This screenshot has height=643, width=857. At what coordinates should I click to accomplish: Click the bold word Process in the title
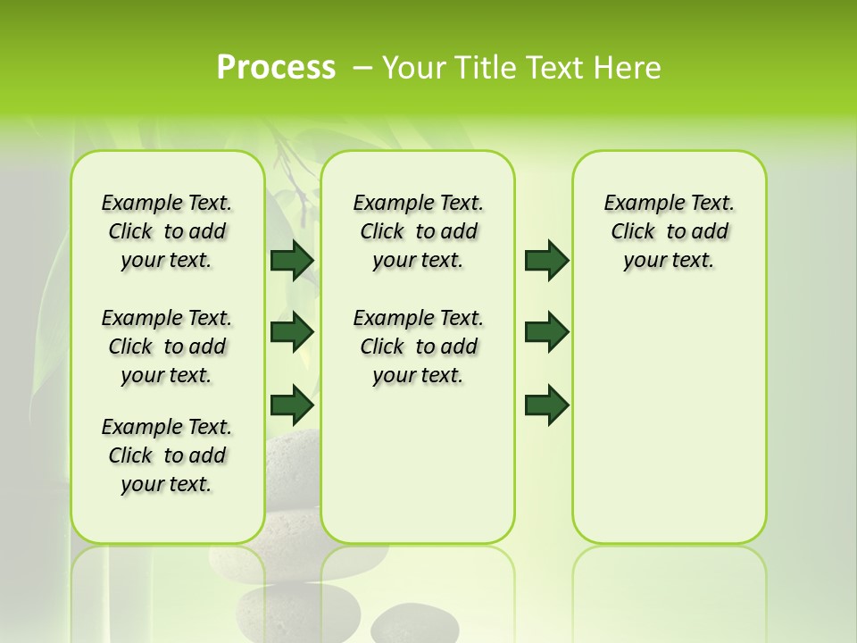tap(276, 68)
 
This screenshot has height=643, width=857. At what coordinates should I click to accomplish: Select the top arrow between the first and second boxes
tap(292, 260)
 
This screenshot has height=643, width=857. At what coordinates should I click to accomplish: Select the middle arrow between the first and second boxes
tap(292, 332)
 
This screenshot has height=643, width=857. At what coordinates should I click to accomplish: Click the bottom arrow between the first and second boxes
tap(292, 405)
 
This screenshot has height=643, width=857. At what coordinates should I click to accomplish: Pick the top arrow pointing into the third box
tap(546, 260)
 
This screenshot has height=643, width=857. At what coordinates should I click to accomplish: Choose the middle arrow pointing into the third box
tap(546, 332)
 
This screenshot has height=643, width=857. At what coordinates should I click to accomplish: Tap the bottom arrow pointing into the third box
tap(546, 405)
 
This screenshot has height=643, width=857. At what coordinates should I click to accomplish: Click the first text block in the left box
tap(167, 231)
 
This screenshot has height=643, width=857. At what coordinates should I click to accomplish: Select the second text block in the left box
tap(167, 347)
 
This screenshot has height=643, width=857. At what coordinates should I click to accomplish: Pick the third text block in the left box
tap(167, 455)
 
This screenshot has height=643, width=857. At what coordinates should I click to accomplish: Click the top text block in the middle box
tap(418, 231)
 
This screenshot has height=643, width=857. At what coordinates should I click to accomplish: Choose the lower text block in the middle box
tap(418, 347)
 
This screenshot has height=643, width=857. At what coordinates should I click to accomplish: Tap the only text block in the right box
tap(669, 231)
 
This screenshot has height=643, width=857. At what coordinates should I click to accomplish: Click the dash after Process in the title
tap(362, 68)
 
